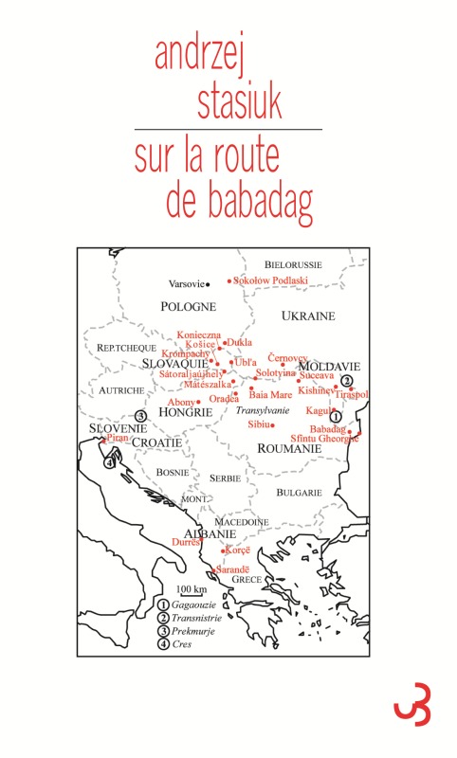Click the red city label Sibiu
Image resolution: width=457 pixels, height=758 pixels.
pos(260,425)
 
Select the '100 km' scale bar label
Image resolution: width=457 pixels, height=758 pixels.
pos(192,589)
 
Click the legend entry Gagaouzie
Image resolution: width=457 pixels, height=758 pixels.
pos(196,604)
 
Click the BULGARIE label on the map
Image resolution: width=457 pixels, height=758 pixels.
pos(299,493)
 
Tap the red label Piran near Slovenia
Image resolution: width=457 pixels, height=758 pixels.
pos(117,438)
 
